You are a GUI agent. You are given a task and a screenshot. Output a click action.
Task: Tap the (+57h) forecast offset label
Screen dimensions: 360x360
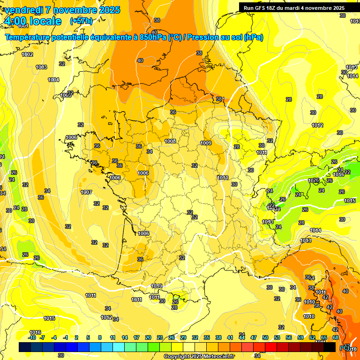[81, 21]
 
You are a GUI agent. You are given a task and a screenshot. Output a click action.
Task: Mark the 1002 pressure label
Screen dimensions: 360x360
[28, 54]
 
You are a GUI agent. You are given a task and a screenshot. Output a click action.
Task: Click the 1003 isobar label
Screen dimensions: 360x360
[41, 67]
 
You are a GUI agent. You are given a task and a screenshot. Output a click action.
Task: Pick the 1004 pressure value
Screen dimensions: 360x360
[53, 80]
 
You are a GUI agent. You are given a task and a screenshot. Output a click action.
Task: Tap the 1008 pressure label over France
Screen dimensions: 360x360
[170, 141]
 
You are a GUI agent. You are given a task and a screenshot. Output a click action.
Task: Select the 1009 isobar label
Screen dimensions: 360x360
[206, 143]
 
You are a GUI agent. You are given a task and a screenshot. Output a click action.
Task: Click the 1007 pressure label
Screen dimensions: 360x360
[86, 192]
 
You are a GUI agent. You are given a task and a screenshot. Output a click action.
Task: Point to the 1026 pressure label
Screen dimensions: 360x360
[314, 180]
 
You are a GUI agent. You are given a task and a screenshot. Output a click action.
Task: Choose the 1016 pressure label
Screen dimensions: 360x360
[35, 332]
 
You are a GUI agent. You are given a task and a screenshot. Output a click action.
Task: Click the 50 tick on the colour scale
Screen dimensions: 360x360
[265, 337]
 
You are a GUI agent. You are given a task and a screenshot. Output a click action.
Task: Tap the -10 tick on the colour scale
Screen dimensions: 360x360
[32, 337]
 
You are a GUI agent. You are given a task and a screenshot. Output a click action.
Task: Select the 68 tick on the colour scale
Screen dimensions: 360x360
[336, 337]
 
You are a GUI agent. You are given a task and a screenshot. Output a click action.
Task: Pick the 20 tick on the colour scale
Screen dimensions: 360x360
[148, 337]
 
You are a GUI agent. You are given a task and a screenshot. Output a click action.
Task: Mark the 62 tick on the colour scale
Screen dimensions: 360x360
[312, 337]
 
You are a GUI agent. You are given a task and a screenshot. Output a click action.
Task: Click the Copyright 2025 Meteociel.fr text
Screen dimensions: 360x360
[199, 356]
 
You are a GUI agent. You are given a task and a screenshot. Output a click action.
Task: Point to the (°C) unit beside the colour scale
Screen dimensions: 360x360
[345, 347]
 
